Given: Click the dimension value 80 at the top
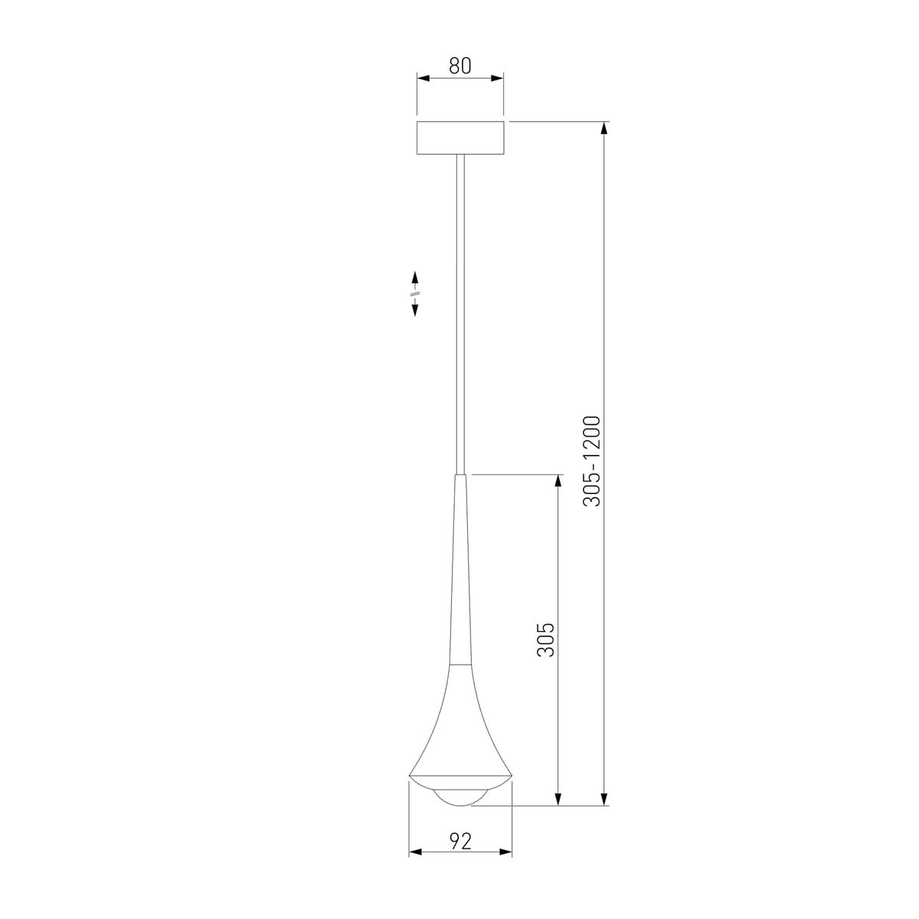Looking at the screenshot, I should (x=459, y=66).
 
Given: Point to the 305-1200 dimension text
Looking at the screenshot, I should (x=594, y=461).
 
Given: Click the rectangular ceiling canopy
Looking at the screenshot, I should (x=459, y=138).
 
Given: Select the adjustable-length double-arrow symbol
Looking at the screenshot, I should (x=414, y=293).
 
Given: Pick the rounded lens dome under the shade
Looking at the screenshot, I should (x=459, y=796).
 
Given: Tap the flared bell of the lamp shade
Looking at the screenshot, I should (x=459, y=735).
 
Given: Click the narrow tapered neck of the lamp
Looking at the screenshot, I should (x=459, y=574).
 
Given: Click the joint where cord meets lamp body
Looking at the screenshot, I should (x=459, y=476).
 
